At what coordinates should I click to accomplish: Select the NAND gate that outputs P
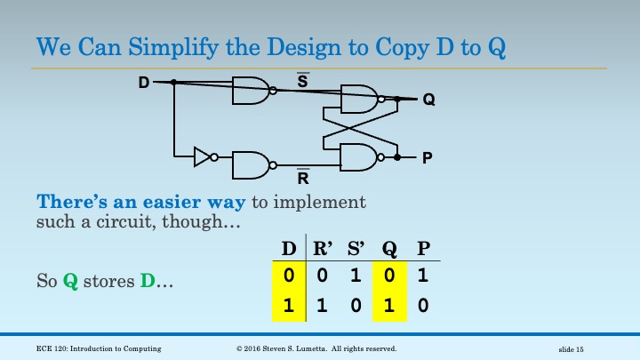click(362, 157)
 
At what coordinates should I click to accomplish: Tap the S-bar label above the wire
click(303, 80)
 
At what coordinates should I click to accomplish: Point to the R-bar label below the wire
click(303, 176)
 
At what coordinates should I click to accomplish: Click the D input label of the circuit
click(144, 83)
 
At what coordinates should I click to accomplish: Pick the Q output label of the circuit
click(429, 100)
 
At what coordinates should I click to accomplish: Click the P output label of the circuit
click(427, 157)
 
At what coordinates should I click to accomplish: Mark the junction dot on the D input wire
click(174, 83)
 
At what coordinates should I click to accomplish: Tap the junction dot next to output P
click(397, 157)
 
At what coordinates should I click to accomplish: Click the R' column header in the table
click(323, 248)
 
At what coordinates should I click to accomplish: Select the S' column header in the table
click(356, 248)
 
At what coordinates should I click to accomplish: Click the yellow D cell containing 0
click(289, 276)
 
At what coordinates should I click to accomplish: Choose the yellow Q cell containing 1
click(389, 306)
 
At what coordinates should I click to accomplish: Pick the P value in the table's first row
click(423, 276)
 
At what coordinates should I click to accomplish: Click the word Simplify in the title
click(173, 48)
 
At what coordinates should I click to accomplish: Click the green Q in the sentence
click(70, 281)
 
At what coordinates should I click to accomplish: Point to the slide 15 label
click(571, 349)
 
